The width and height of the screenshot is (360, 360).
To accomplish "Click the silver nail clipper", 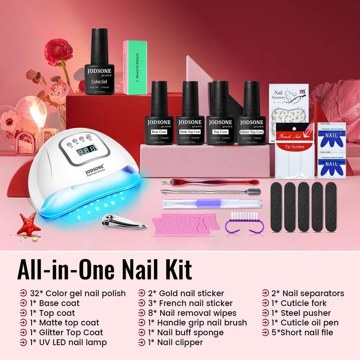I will click(x=118, y=220).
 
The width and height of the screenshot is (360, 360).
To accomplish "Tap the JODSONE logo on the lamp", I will click(x=95, y=170).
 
